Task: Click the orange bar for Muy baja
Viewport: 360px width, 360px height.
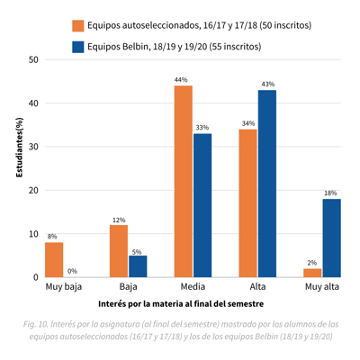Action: pos(54,260)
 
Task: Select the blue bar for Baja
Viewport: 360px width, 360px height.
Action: pos(138,266)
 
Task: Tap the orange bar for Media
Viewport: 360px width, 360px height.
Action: pos(184,182)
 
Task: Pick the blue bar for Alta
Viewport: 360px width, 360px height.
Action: pos(267,184)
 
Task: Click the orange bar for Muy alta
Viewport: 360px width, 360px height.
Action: pos(312,273)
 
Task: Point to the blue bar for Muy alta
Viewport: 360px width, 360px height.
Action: pos(332,238)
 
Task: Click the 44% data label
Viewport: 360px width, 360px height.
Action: pos(181,80)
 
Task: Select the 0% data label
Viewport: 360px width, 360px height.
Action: pos(72,271)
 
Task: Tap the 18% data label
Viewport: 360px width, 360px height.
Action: pos(330,193)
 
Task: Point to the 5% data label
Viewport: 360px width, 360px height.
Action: pos(137,252)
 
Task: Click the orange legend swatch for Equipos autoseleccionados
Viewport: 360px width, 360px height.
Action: pos(78,26)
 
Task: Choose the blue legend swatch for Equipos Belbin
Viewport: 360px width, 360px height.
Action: pos(78,47)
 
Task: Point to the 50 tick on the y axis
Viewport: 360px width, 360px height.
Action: pos(33,59)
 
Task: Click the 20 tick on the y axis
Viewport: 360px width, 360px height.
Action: pos(33,191)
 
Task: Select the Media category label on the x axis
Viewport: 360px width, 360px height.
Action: pos(193,287)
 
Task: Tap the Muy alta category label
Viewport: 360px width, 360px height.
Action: pos(322,287)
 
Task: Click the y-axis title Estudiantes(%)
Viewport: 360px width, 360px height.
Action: pos(19,148)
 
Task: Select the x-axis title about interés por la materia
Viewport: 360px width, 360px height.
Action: pos(181,304)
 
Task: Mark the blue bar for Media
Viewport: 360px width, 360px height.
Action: pos(202,205)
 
